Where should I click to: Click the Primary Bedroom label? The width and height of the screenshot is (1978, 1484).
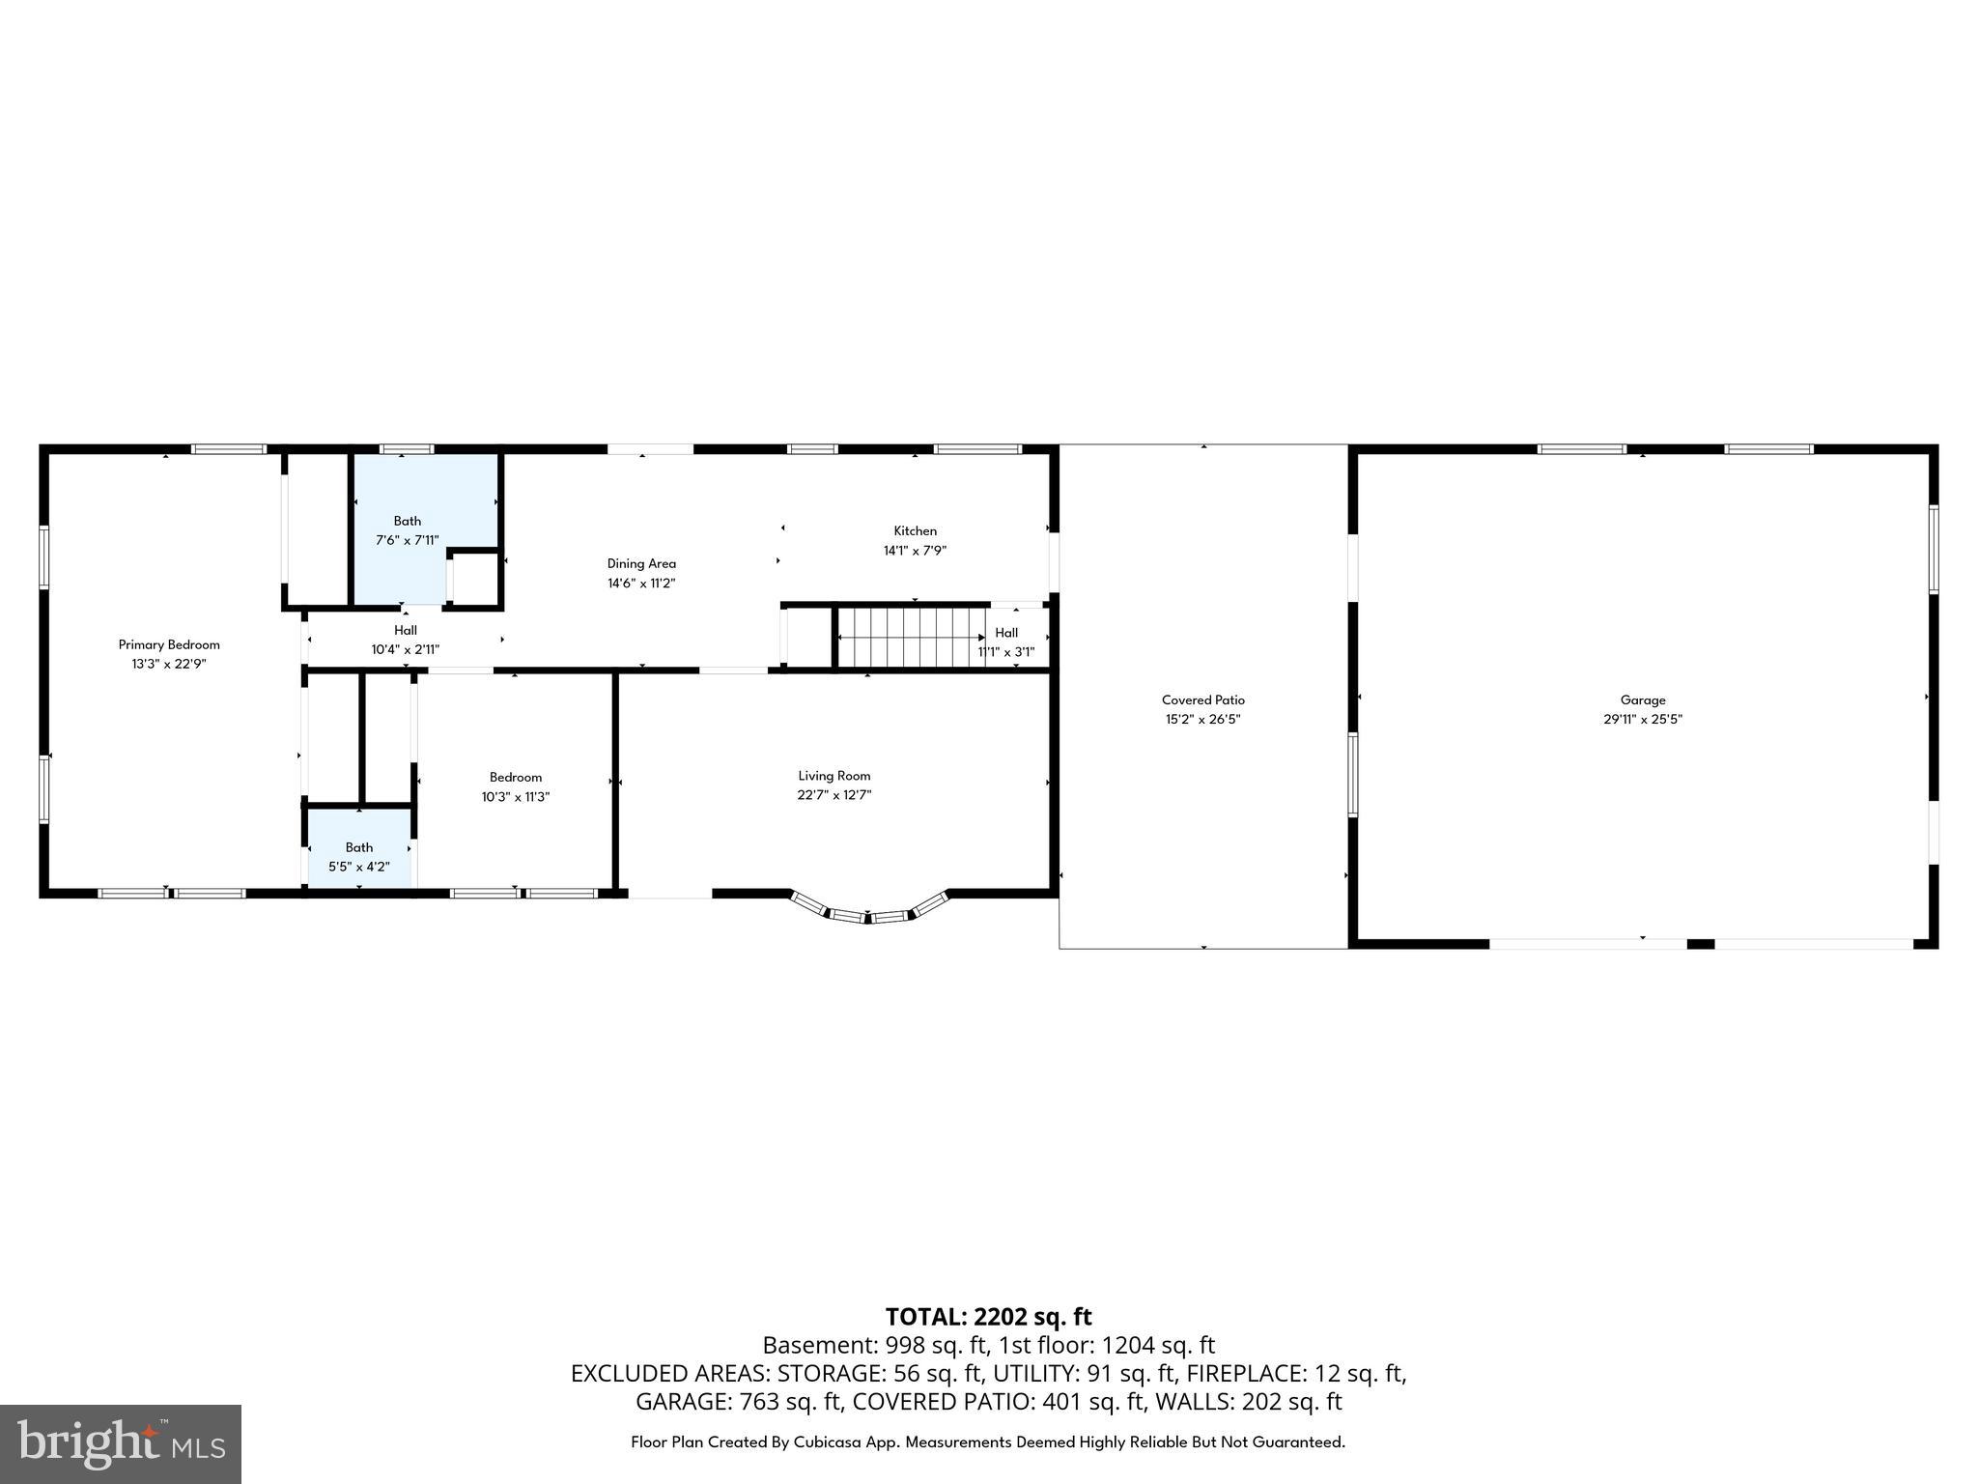pyautogui.click(x=169, y=644)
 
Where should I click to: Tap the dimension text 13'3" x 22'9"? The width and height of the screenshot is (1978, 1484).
pyautogui.click(x=169, y=664)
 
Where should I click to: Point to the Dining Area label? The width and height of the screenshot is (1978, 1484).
pyautogui.click(x=641, y=563)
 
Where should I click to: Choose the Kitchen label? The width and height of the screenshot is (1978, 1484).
pyautogui.click(x=915, y=530)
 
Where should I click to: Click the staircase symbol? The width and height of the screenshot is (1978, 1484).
pyautogui.click(x=911, y=637)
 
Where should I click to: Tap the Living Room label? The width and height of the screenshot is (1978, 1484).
pyautogui.click(x=834, y=775)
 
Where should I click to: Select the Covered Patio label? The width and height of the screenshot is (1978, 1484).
pyautogui.click(x=1202, y=699)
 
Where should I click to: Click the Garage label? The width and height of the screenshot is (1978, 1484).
pyautogui.click(x=1643, y=699)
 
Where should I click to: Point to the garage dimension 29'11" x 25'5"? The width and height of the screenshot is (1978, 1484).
pyautogui.click(x=1643, y=719)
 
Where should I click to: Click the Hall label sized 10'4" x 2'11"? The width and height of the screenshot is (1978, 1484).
pyautogui.click(x=406, y=630)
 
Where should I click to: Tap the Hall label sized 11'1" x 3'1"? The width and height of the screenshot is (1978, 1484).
pyautogui.click(x=1006, y=633)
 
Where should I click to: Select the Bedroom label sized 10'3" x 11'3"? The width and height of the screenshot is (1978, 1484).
pyautogui.click(x=516, y=777)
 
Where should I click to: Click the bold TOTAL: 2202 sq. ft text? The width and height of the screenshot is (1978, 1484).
pyautogui.click(x=988, y=1317)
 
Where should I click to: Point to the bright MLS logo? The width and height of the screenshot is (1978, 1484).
pyautogui.click(x=121, y=1444)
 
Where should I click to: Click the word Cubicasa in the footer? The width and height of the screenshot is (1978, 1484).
pyautogui.click(x=832, y=1442)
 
